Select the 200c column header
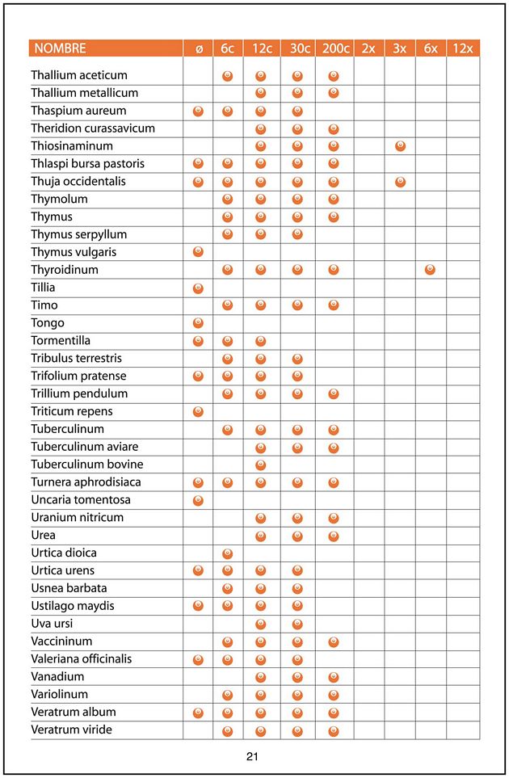tap(334, 48)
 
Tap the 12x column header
tap(463, 48)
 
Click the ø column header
tap(199, 48)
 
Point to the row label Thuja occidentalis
tap(78, 181)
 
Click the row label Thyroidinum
tap(65, 270)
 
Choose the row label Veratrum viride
tap(71, 730)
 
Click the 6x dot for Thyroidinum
tap(430, 270)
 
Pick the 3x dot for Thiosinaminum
tap(400, 146)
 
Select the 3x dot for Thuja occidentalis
tap(400, 182)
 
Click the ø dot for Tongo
tap(199, 323)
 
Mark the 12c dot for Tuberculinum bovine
tap(261, 465)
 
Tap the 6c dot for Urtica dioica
tap(228, 553)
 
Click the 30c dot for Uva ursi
tap(297, 624)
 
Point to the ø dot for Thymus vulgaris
tap(199, 252)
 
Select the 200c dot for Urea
tap(334, 536)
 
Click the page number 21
tap(252, 757)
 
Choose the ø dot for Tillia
tap(199, 288)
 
